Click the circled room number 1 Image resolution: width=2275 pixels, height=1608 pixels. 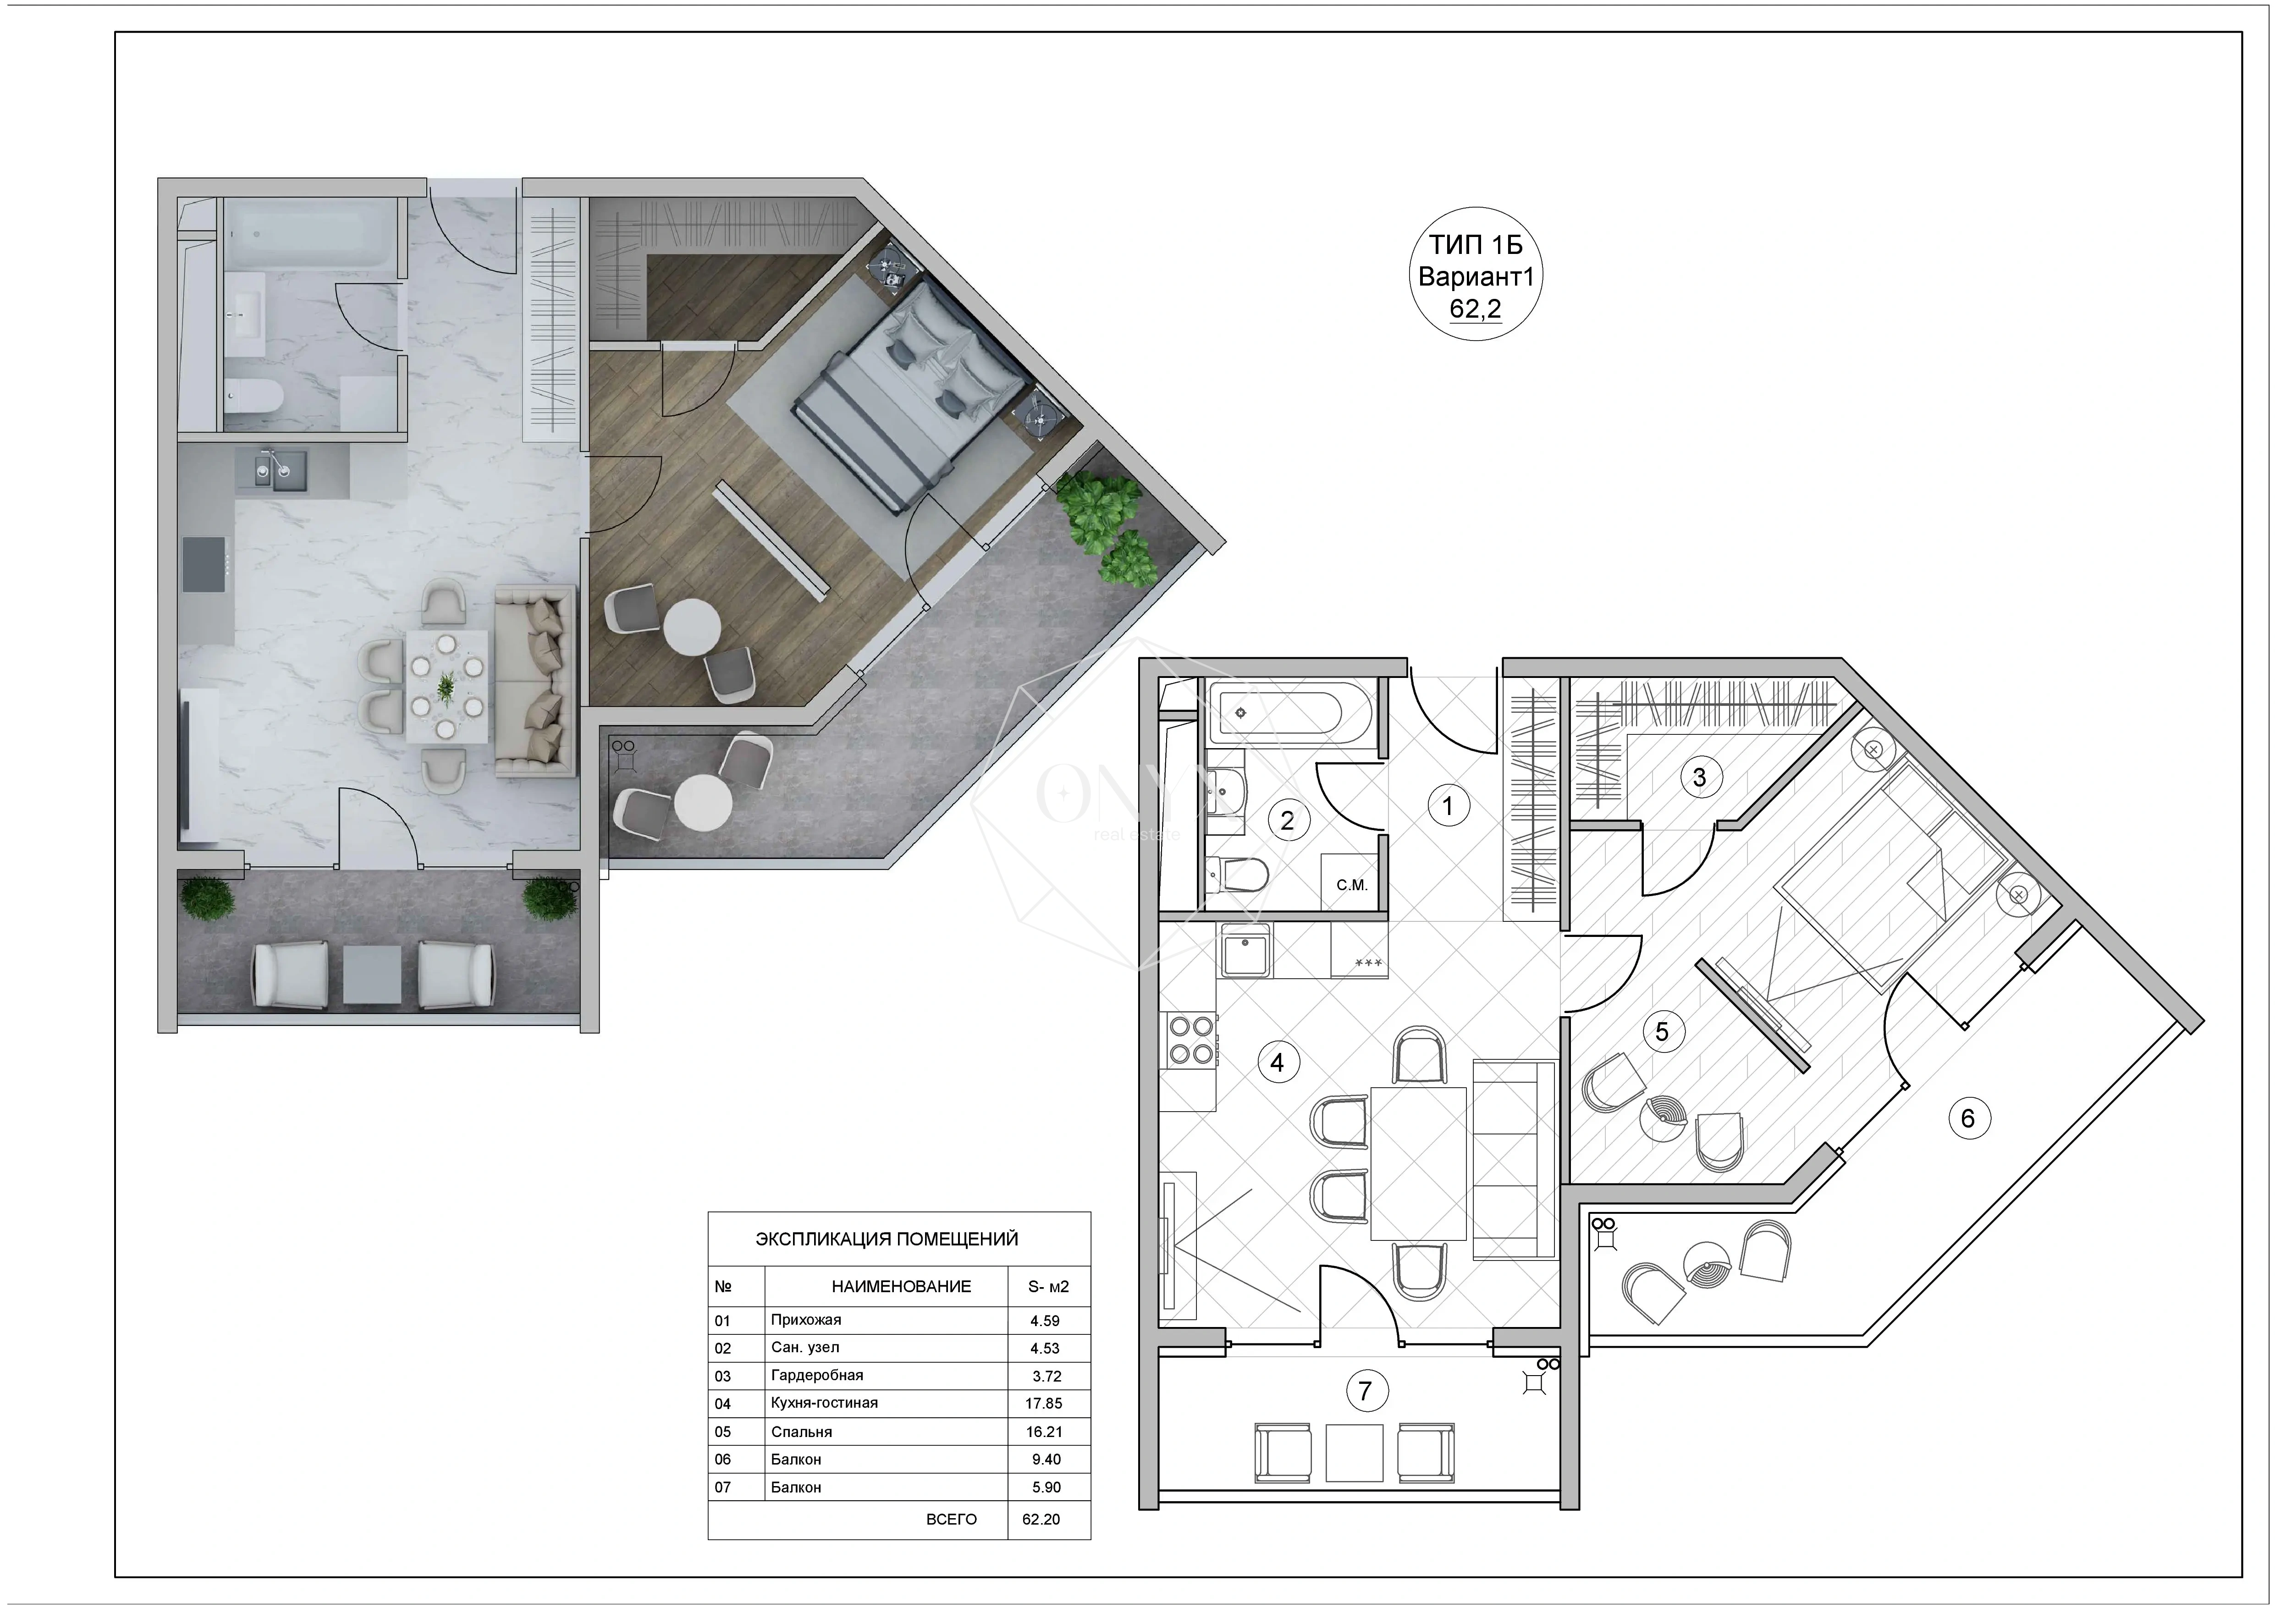tap(1448, 805)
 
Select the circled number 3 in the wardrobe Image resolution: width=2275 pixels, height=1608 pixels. tap(1699, 777)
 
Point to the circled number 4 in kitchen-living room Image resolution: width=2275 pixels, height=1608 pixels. tap(1277, 1062)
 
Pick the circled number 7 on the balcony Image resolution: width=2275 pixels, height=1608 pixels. tap(1366, 1390)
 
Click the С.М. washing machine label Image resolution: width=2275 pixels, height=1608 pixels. tap(1351, 885)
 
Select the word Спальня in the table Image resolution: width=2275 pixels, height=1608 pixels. tap(802, 1432)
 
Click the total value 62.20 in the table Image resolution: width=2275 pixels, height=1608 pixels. tap(1041, 1519)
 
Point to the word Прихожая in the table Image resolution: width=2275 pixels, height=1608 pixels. tap(807, 1320)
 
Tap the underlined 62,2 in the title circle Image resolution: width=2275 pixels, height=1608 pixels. tap(1476, 309)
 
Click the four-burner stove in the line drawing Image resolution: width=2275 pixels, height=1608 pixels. tap(1191, 1039)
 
